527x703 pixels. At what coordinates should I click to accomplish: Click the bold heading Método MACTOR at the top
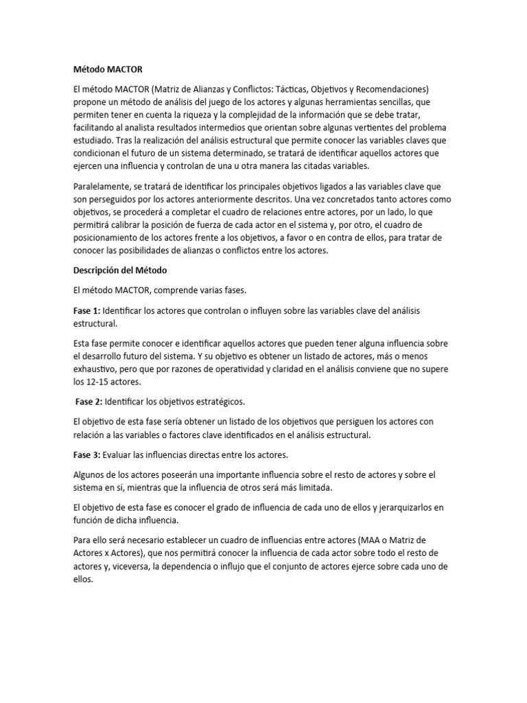coord(109,69)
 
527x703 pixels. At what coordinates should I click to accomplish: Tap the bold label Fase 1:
coord(86,311)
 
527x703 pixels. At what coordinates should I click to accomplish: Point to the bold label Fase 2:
coord(89,401)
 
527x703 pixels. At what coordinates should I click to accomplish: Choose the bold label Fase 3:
coord(86,455)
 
